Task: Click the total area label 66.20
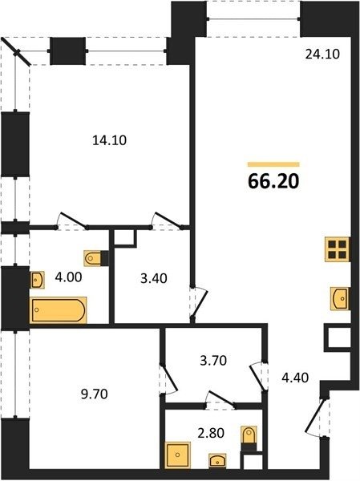[x=273, y=181]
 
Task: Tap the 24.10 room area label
[x=322, y=54]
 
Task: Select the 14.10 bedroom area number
[x=110, y=140]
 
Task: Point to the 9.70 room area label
[x=95, y=394]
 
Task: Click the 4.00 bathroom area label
[x=68, y=277]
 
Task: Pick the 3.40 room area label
[x=153, y=278]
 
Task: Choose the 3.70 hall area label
[x=213, y=361]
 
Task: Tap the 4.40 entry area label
[x=295, y=378]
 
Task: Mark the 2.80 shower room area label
[x=211, y=433]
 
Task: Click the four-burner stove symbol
[x=338, y=249]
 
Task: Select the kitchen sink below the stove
[x=340, y=298]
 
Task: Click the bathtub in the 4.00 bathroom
[x=59, y=310]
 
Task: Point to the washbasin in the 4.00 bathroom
[x=38, y=280]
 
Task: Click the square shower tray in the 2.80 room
[x=178, y=455]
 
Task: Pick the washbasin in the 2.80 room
[x=217, y=461]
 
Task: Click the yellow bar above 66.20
[x=273, y=164]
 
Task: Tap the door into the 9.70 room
[x=168, y=378]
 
